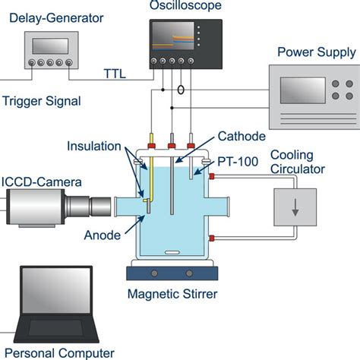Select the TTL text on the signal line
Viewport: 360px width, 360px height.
[x=116, y=74]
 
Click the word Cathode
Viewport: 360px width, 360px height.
[x=242, y=137]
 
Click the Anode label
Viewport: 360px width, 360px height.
[x=102, y=235]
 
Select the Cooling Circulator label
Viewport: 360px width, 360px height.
[x=298, y=162]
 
